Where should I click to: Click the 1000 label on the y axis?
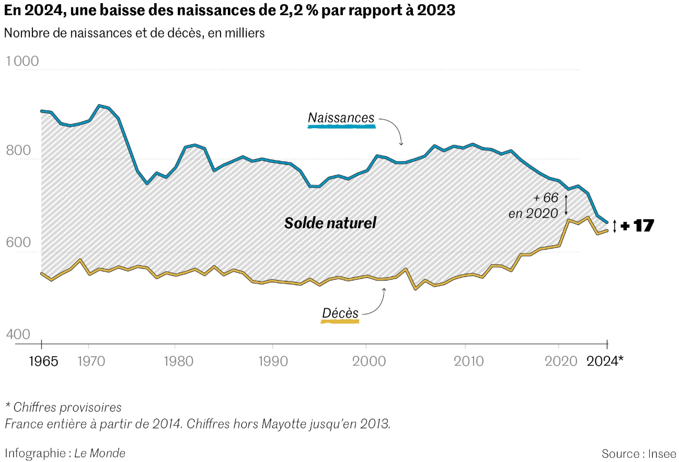pyautogui.click(x=22, y=61)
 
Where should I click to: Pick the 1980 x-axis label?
pyautogui.click(x=175, y=360)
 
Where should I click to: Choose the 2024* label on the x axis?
pyautogui.click(x=605, y=360)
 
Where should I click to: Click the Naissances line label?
pyautogui.click(x=341, y=118)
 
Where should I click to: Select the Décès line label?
pyautogui.click(x=340, y=313)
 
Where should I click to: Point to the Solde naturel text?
pyautogui.click(x=330, y=223)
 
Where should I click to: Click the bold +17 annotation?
pyautogui.click(x=637, y=226)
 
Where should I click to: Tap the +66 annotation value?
pyautogui.click(x=546, y=198)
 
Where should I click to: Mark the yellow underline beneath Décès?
pyautogui.click(x=340, y=321)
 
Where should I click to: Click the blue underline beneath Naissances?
pyautogui.click(x=341, y=127)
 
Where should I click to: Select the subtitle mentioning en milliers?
pyautogui.click(x=134, y=33)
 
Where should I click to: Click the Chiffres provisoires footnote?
pyautogui.click(x=63, y=407)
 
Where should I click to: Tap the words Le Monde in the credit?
pyautogui.click(x=100, y=453)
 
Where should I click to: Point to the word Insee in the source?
pyautogui.click(x=662, y=454)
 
